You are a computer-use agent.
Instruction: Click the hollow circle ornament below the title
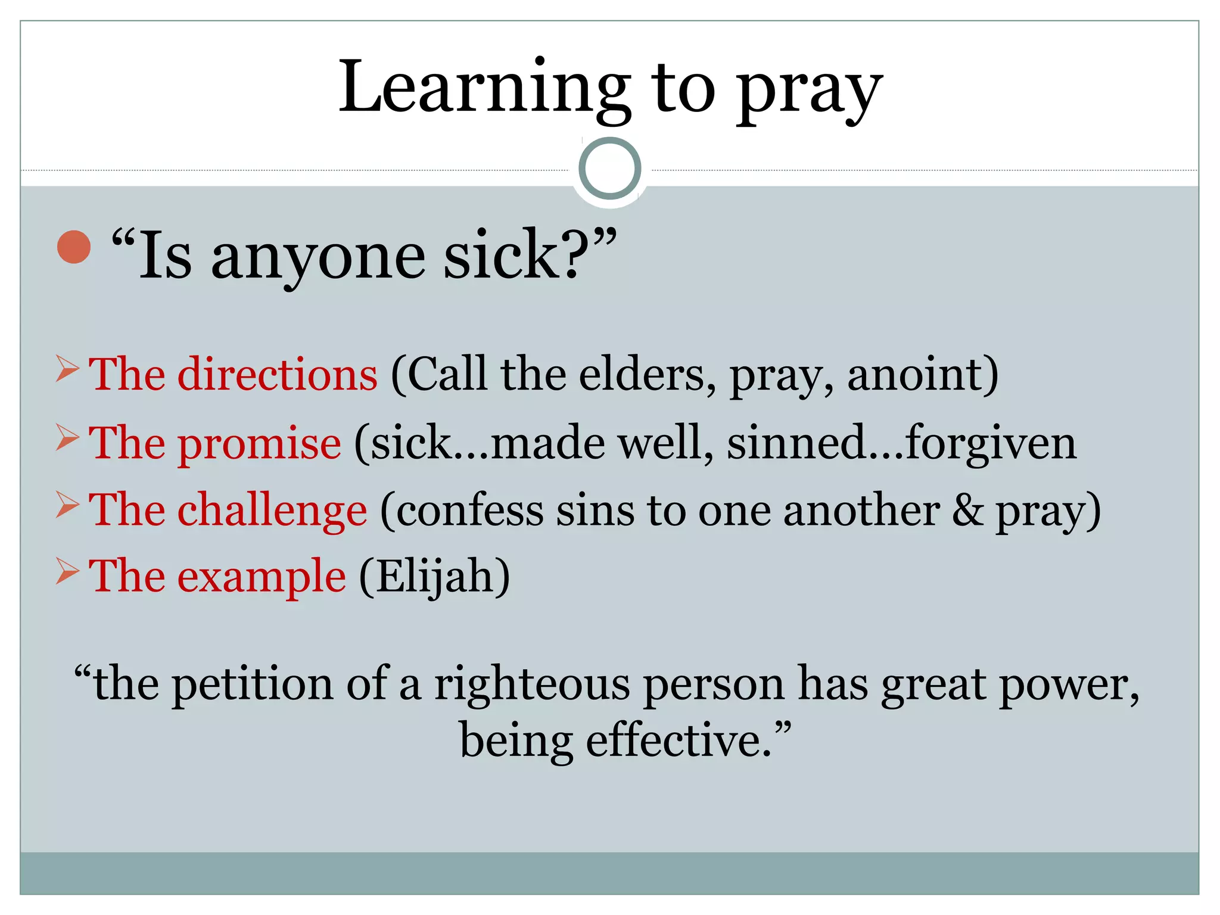(x=609, y=169)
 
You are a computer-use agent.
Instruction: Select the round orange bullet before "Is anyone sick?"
(x=74, y=247)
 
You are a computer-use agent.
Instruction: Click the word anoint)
(x=922, y=375)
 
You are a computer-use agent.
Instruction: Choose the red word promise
(x=260, y=444)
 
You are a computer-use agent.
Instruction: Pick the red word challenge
(x=272, y=511)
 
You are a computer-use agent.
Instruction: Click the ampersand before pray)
(x=967, y=511)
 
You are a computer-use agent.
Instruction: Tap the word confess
(x=469, y=511)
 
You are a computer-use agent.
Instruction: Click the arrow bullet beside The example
(x=67, y=571)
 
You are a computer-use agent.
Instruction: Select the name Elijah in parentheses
(x=434, y=577)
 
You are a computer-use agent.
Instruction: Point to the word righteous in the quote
(x=531, y=685)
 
